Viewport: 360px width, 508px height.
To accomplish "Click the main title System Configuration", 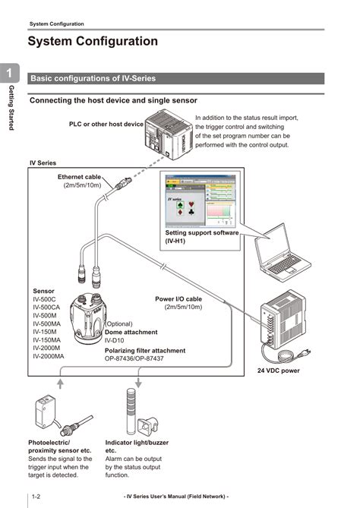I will pos(93,43).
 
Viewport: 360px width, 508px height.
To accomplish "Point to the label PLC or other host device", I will pos(106,124).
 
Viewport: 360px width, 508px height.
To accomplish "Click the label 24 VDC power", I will pos(278,371).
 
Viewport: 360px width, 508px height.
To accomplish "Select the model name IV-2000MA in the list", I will pos(49,356).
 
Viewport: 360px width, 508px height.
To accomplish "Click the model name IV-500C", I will pos(44,300).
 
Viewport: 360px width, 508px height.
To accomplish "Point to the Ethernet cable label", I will pos(80,177).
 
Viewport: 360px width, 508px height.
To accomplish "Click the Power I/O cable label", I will pos(178,299).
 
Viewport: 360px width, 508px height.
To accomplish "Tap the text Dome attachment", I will pos(131,332).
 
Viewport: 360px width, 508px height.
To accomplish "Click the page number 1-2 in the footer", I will pos(36,496).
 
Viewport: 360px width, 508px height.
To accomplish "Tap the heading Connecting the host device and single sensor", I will pos(113,100).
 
